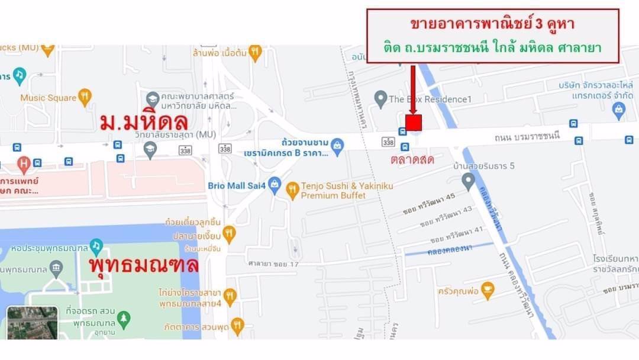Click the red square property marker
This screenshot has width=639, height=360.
click(x=414, y=123)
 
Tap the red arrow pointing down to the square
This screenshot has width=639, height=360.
click(x=413, y=89)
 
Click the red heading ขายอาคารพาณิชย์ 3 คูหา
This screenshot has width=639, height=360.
click(x=492, y=25)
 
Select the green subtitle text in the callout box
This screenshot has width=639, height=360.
click(x=492, y=48)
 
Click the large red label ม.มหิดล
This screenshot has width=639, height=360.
click(x=144, y=122)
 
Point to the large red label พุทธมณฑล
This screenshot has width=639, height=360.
click(x=144, y=265)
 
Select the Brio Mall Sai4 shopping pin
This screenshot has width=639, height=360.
click(x=275, y=185)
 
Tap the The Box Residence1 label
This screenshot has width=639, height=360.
click(x=430, y=99)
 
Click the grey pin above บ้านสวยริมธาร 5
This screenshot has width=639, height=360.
click(x=468, y=180)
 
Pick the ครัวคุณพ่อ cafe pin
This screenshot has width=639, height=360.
click(x=488, y=290)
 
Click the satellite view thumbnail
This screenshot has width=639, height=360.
click(x=32, y=323)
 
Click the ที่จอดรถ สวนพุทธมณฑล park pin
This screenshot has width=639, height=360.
click(x=123, y=319)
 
